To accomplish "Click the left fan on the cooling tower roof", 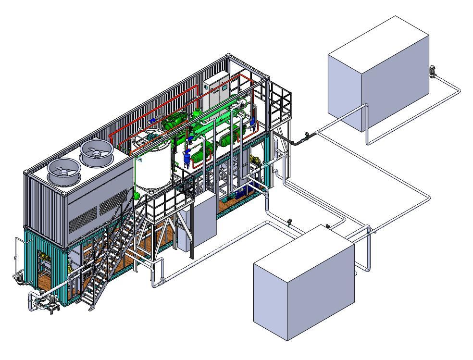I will pos(64,171).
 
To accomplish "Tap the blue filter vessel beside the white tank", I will pos(187,156).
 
